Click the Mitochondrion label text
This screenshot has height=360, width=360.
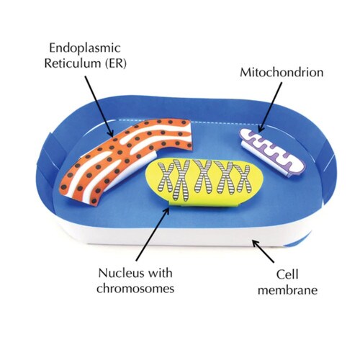click(282, 73)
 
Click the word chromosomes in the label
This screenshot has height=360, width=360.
click(135, 288)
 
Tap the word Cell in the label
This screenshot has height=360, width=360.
click(287, 275)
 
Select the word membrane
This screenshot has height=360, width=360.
click(287, 290)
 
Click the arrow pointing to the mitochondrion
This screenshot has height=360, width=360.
click(270, 107)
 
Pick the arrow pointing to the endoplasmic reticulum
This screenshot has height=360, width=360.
click(99, 107)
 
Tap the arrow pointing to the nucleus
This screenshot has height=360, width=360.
click(153, 234)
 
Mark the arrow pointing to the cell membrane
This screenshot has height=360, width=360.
click(263, 251)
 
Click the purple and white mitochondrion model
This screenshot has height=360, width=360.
click(273, 153)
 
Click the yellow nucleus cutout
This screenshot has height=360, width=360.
click(204, 182)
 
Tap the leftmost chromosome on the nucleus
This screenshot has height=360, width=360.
click(166, 177)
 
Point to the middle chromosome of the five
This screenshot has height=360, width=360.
click(203, 177)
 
